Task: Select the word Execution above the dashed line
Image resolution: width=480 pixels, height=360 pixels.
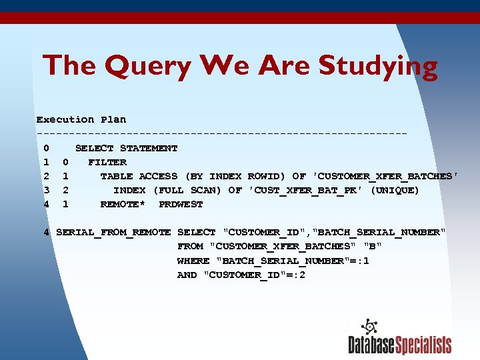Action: click(x=65, y=120)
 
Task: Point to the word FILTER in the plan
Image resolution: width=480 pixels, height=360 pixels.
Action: click(x=107, y=162)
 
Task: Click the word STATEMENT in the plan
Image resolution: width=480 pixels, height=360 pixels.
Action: click(x=149, y=148)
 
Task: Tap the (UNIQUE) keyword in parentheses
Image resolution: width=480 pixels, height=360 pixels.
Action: click(x=395, y=191)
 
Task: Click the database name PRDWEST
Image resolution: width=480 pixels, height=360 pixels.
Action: click(x=181, y=205)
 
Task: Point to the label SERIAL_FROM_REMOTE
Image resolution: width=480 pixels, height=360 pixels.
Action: click(x=113, y=233)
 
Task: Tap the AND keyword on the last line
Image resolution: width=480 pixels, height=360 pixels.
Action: click(x=187, y=275)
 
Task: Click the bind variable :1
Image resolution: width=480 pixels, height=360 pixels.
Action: click(x=363, y=261)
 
